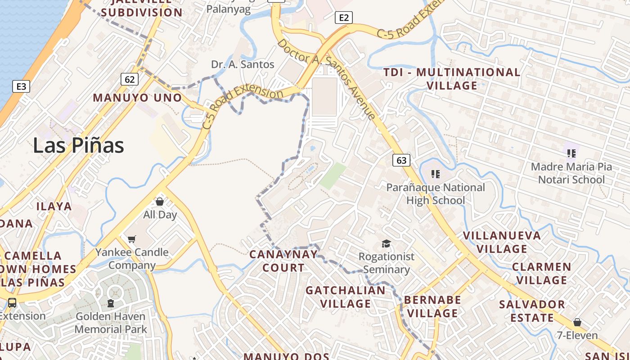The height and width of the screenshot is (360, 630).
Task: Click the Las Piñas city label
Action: [x=78, y=145]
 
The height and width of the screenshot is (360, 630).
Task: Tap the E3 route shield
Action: [x=21, y=86]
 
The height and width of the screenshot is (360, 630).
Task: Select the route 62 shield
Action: [x=129, y=80]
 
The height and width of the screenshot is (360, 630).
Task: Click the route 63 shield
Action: [x=401, y=160]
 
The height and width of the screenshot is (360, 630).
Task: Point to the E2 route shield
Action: [x=343, y=18]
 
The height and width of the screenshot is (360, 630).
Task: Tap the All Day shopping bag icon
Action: [x=160, y=202]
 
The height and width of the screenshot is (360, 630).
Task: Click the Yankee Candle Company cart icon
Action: [x=131, y=239]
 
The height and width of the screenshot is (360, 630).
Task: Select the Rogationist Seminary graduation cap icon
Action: [x=386, y=244]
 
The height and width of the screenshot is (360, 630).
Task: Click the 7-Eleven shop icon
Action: [x=577, y=323]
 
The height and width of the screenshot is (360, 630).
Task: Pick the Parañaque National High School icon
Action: [x=435, y=174]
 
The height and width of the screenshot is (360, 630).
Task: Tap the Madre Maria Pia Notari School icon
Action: [x=571, y=153]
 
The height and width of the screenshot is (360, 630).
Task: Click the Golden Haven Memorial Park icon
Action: [x=111, y=303]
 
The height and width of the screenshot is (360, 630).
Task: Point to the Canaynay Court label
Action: [x=283, y=261]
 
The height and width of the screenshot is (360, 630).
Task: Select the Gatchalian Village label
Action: [x=346, y=297]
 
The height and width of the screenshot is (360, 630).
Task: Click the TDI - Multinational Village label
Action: [x=452, y=79]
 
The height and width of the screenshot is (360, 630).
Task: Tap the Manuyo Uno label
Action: [x=137, y=98]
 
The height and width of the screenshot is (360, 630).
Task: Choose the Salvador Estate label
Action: [x=532, y=311]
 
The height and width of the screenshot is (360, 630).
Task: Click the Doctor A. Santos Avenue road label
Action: [x=327, y=79]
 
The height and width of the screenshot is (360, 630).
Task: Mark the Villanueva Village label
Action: [x=502, y=242]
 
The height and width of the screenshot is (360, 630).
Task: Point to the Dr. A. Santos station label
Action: [x=243, y=64]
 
